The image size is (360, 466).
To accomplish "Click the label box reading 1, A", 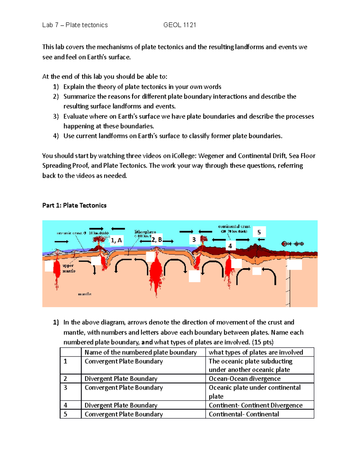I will [116, 240].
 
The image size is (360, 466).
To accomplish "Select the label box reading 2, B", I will [156, 240].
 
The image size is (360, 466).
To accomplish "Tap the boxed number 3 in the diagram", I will [194, 239].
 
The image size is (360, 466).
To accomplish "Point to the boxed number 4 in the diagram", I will [230, 246].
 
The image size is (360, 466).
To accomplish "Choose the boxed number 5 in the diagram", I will [259, 232].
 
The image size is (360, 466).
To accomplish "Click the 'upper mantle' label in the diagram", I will [69, 268].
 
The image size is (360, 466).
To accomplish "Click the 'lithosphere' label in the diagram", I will [145, 232].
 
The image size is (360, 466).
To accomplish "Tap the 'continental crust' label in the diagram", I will [234, 227].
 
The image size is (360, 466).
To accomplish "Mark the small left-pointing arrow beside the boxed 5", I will [261, 240].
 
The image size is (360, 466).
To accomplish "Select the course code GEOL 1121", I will [180, 25].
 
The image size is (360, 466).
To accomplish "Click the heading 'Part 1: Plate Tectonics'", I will [74, 206].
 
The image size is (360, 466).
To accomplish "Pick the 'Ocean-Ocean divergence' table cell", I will [244, 379].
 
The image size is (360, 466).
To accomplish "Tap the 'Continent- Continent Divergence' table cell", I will [256, 405].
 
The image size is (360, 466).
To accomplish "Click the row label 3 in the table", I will [65, 388].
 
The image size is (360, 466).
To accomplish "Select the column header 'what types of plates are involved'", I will [256, 352].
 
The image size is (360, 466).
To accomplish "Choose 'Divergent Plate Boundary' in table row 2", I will [121, 379].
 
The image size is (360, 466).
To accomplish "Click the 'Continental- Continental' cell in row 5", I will [244, 414].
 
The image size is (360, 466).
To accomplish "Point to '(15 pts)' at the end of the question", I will [262, 342].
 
